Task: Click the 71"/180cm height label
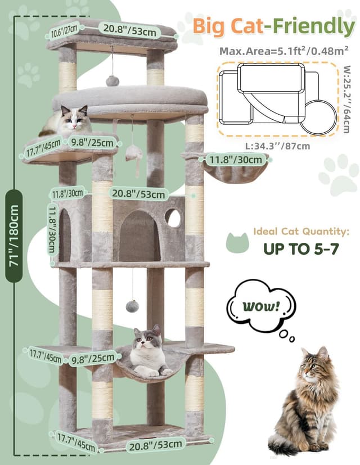[x=13, y=236]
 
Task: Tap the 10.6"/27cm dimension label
[x=64, y=30]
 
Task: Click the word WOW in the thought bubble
[x=260, y=308]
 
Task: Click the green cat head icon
[x=237, y=242]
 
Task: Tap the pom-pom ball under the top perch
[x=112, y=80]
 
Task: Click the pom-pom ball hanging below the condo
[x=132, y=306]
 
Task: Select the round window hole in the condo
[x=173, y=218]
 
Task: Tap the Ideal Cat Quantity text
[x=301, y=231]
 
